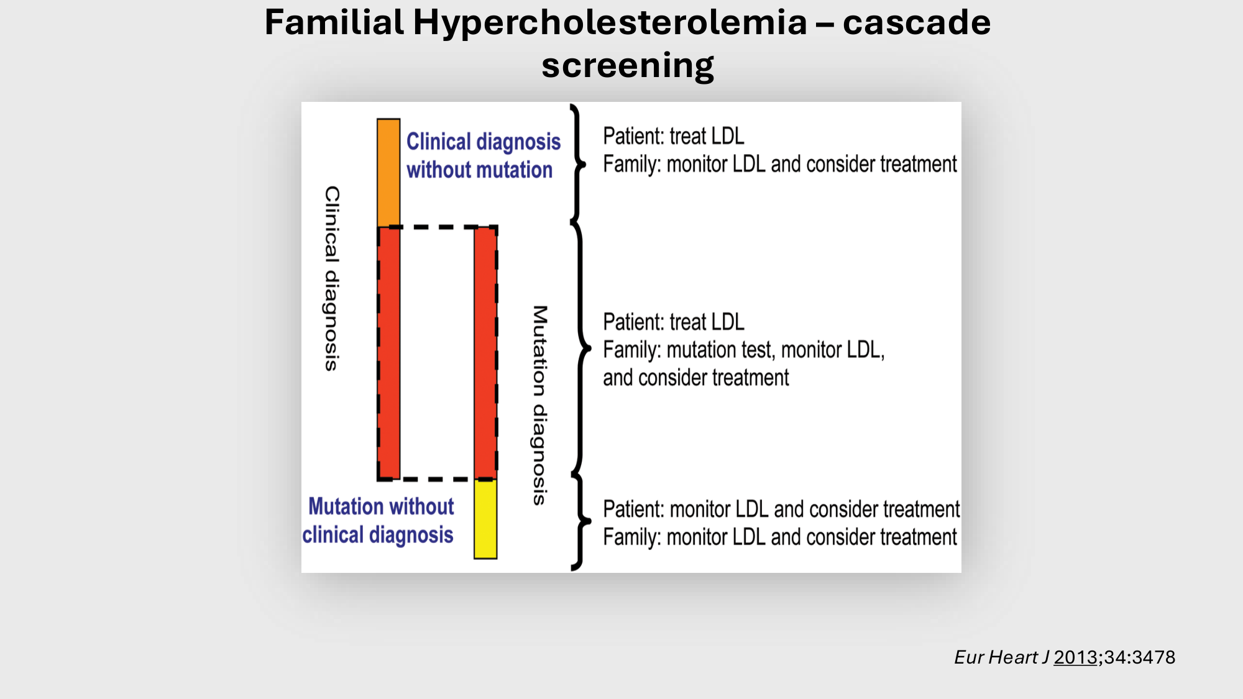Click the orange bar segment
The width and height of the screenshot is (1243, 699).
(x=388, y=172)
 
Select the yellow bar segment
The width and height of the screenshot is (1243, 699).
(x=485, y=519)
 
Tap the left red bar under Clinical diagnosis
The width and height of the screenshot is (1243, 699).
(x=389, y=353)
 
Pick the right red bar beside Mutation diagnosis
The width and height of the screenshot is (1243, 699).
(x=485, y=353)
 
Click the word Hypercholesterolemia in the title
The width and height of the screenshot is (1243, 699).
(x=610, y=22)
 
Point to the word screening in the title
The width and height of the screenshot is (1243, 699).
(x=628, y=65)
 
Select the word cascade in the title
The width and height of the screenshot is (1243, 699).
(x=916, y=22)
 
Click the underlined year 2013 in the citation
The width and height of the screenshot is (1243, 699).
(x=1075, y=657)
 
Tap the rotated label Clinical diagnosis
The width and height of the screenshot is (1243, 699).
(x=333, y=278)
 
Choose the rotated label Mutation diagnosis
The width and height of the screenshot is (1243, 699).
(x=540, y=405)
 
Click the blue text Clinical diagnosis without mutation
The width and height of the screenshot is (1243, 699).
(x=483, y=155)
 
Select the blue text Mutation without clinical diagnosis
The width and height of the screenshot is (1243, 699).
(x=378, y=521)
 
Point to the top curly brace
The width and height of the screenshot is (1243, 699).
(x=578, y=165)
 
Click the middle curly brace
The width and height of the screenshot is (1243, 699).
(x=581, y=349)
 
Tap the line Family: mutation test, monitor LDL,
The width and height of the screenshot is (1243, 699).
(x=743, y=350)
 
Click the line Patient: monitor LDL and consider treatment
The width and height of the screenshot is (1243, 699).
(x=781, y=509)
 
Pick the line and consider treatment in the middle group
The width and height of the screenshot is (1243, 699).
(x=695, y=378)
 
